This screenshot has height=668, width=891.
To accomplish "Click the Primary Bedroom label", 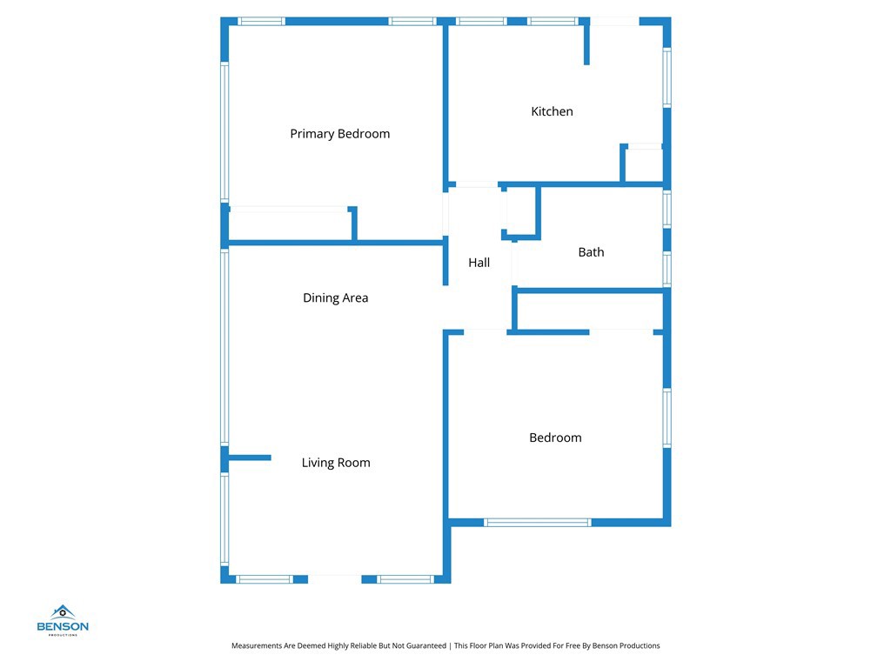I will pyautogui.click(x=339, y=134).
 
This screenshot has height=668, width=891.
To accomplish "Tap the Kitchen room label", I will pyautogui.click(x=552, y=111).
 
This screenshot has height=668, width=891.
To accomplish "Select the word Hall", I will pyautogui.click(x=479, y=263).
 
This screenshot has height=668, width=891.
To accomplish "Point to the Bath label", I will pyautogui.click(x=591, y=252).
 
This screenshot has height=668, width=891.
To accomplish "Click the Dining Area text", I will pyautogui.click(x=335, y=297).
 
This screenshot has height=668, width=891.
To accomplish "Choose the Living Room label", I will pyautogui.click(x=336, y=463).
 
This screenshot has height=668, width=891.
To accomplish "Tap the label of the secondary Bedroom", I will pyautogui.click(x=555, y=438).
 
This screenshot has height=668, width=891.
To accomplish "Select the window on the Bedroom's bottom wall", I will pyautogui.click(x=537, y=522).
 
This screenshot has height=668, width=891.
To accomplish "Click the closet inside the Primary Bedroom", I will pyautogui.click(x=290, y=224).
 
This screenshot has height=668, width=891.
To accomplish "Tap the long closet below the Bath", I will pyautogui.click(x=591, y=311).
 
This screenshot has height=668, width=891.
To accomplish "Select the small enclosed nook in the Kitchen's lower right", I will pyautogui.click(x=644, y=165).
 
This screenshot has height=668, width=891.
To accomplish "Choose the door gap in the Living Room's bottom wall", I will pyautogui.click(x=335, y=578).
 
